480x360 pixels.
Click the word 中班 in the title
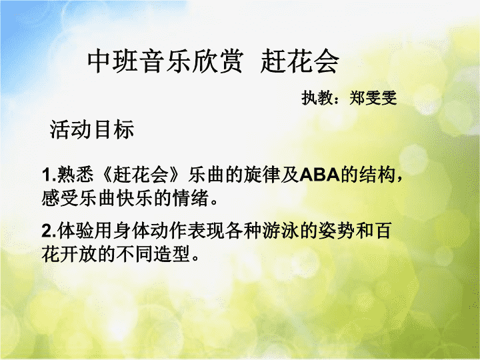pos(113,61)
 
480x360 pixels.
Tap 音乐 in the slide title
pos(166,61)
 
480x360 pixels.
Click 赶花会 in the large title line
pos(300,61)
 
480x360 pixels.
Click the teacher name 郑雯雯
pos(373,98)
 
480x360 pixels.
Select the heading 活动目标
pos(92,129)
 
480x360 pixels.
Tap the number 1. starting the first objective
pos(49,175)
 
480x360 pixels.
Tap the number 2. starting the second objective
pos(49,231)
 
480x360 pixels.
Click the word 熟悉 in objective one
pos(75,175)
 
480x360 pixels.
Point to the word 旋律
pos(262,175)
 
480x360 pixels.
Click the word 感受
pos(60,198)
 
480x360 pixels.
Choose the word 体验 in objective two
pos(75,231)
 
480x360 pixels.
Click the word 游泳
pos(281,231)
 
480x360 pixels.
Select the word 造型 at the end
pos(172,253)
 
